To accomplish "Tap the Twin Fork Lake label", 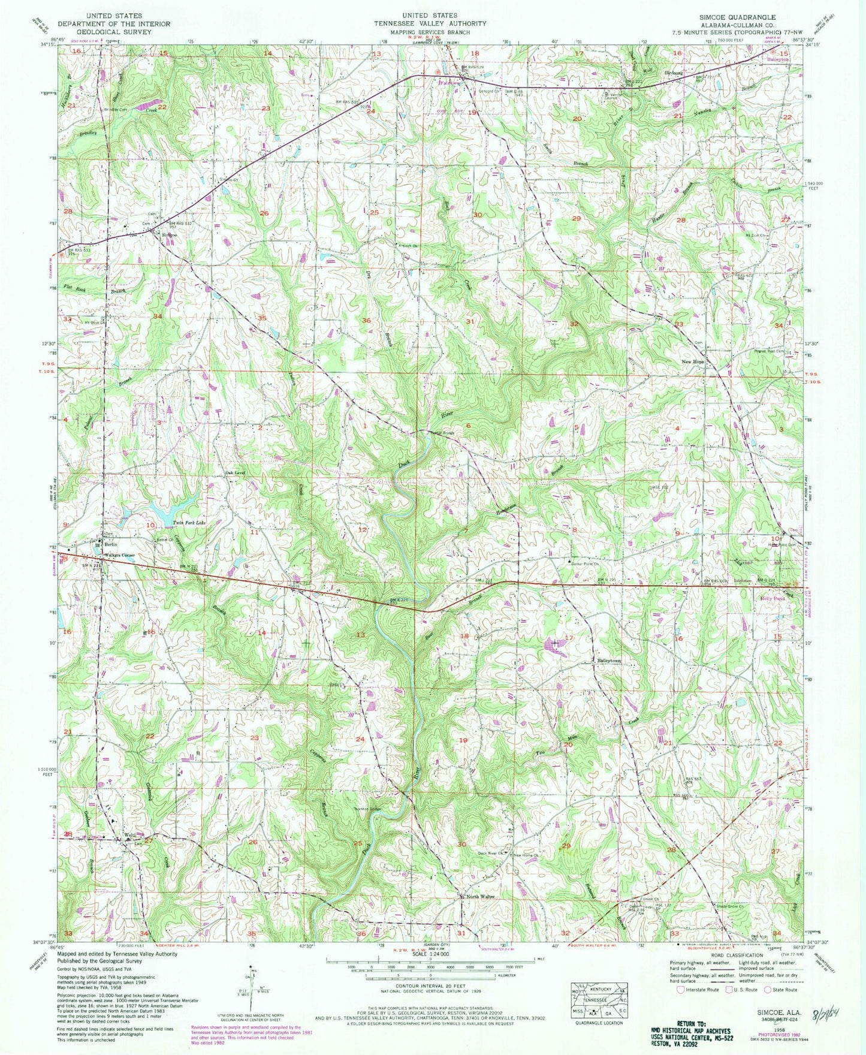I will (189, 523).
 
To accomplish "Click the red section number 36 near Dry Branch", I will (366, 320).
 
